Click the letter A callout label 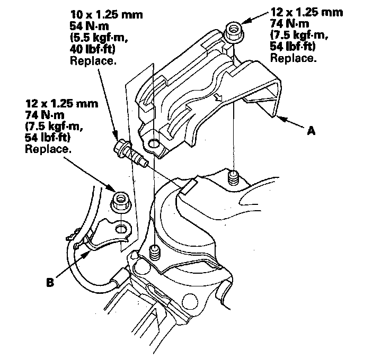coord(311,130)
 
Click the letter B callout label coord(50,283)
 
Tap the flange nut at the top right coord(234,32)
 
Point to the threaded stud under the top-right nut coord(233,178)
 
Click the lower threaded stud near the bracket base coord(154,253)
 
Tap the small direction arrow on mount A coord(218,97)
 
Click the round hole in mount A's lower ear coord(154,144)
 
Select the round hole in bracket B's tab coord(121,229)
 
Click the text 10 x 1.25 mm coord(107,15)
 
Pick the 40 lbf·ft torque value coord(93,49)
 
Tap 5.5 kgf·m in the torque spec coord(99,38)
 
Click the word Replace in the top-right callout coord(293,58)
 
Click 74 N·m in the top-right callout coord(289,24)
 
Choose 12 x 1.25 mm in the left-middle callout coord(61,104)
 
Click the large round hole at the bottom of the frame coord(191,301)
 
